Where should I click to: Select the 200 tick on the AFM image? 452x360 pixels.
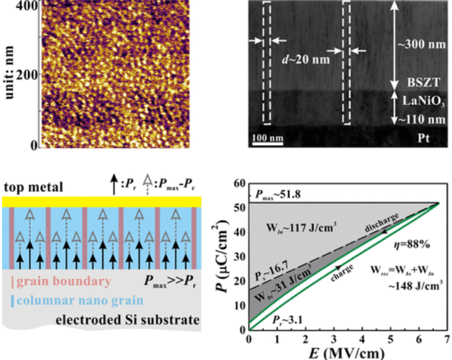[x=25, y=75]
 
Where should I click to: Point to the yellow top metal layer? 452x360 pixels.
[x=100, y=201]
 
